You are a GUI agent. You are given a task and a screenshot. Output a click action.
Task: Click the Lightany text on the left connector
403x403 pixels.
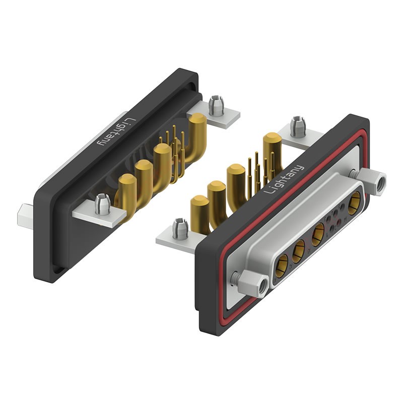(x=115, y=131)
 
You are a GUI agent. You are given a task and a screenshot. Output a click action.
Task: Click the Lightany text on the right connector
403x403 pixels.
(x=284, y=179)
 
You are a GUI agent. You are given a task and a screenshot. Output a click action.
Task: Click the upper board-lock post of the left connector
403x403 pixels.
(x=216, y=105)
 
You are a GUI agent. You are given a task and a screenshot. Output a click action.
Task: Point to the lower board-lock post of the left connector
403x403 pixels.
(x=102, y=205)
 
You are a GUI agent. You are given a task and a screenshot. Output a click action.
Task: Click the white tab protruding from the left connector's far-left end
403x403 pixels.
(x=25, y=216)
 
